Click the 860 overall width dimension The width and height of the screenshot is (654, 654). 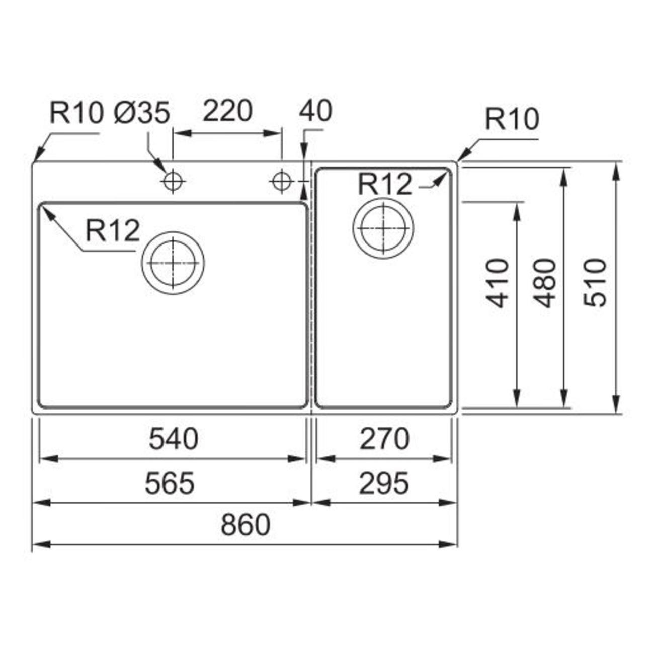tap(246, 524)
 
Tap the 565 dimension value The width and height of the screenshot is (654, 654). tap(170, 482)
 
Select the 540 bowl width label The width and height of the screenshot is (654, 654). tap(174, 439)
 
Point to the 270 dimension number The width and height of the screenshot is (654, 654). tap(384, 439)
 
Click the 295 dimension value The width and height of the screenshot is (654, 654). tap(384, 482)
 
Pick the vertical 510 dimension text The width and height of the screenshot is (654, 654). tap(594, 283)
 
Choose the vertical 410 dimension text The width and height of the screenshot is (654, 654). tap(498, 283)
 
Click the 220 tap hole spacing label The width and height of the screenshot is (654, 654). tap(227, 111)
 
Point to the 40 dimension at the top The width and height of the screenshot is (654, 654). tap(315, 111)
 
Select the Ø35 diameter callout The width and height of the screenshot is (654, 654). tap(141, 113)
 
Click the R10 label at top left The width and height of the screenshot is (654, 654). tap(75, 113)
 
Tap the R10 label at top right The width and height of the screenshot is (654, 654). tap(512, 119)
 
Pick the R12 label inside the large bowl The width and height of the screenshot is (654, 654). tap(113, 230)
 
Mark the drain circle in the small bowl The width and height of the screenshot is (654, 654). tap(383, 227)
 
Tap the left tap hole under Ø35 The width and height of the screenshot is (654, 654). tap(173, 182)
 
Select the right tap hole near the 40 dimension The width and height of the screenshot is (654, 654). tap(281, 182)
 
